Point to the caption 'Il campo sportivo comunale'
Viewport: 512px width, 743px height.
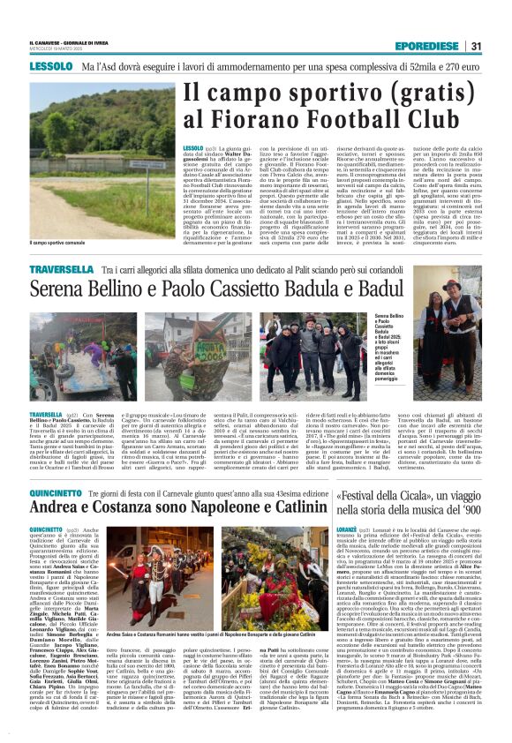58,242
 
